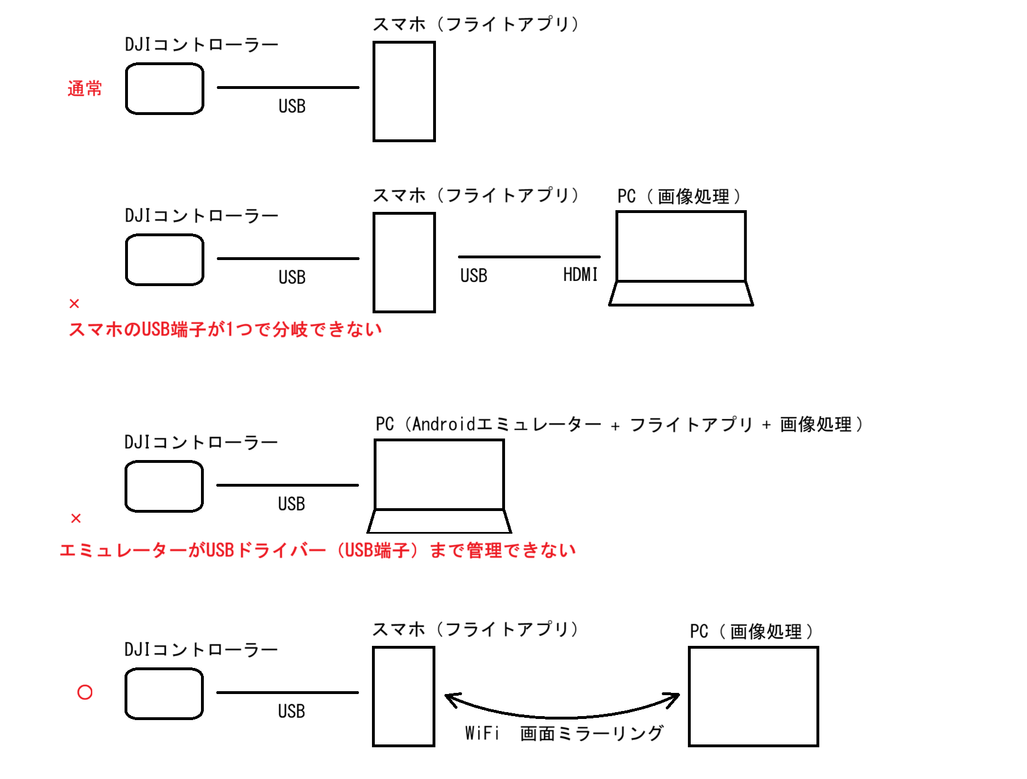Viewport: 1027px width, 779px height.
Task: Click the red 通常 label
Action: tap(84, 88)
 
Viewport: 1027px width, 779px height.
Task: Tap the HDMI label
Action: tap(580, 275)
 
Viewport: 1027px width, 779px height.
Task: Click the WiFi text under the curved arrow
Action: tap(482, 733)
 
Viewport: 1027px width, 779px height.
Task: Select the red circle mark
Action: tap(85, 692)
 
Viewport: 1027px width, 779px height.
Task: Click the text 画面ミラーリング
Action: tap(592, 733)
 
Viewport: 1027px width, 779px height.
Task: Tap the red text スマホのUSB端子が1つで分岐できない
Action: tap(225, 329)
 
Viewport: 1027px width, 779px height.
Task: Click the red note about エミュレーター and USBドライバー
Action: tap(318, 550)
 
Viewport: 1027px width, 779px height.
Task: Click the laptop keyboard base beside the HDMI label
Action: tap(681, 293)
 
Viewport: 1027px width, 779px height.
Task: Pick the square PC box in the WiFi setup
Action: tap(753, 696)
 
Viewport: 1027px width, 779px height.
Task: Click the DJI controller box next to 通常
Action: tap(164, 89)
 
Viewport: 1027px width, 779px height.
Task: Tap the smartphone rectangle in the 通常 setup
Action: tap(404, 91)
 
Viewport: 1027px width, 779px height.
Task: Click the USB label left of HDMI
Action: tap(473, 276)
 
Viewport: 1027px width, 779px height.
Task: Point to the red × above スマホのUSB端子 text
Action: tap(74, 304)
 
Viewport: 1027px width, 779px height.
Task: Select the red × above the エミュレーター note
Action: tap(76, 518)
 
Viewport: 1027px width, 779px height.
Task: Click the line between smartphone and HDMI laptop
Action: tap(529, 257)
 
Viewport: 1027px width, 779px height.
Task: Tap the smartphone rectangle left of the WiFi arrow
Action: tap(403, 696)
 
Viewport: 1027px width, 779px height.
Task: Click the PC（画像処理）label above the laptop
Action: tap(679, 196)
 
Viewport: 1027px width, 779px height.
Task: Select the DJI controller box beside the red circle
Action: tap(164, 693)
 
